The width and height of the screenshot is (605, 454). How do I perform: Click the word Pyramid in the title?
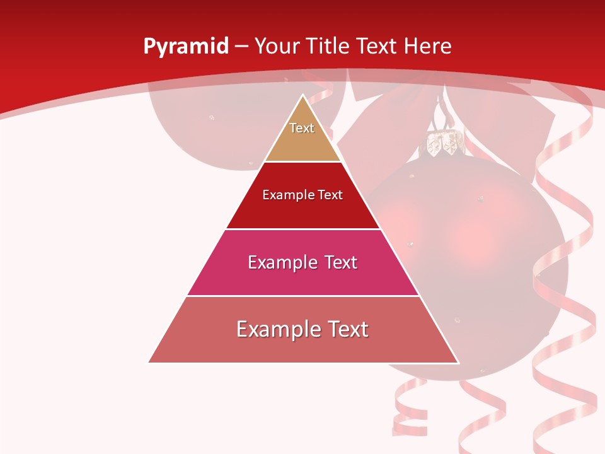pyautogui.click(x=185, y=47)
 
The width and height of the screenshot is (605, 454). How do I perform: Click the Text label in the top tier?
pyautogui.click(x=302, y=128)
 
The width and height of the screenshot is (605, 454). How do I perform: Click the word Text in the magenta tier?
pyautogui.click(x=338, y=262)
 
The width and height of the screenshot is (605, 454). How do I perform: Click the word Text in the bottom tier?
pyautogui.click(x=345, y=329)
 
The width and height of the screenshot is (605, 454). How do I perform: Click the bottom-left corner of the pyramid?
pyautogui.click(x=149, y=363)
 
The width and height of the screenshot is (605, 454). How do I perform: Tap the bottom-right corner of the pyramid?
pyautogui.click(x=458, y=363)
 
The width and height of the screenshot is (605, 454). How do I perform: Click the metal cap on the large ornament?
pyautogui.click(x=444, y=144)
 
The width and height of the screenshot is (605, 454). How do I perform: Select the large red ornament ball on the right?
pyautogui.click(x=492, y=252)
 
